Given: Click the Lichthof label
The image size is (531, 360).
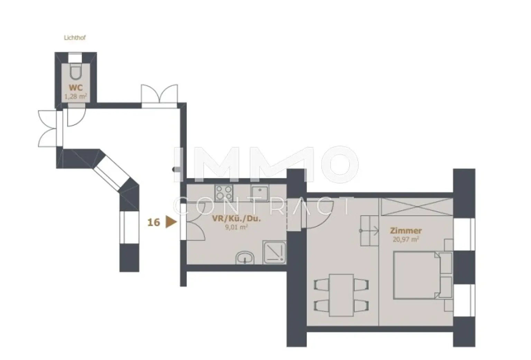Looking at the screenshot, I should [75, 38].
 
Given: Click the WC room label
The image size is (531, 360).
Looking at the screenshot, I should [75, 88].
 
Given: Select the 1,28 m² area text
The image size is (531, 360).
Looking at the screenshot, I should [76, 96].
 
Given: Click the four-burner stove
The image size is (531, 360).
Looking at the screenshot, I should [224, 193].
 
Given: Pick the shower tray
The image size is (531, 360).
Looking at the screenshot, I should [274, 252].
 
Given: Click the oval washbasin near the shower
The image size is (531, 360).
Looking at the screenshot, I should [245, 258].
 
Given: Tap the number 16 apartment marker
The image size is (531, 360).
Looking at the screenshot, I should [154, 222].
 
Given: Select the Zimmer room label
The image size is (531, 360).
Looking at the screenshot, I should [406, 230].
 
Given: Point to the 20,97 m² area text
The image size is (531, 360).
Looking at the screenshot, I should [406, 239].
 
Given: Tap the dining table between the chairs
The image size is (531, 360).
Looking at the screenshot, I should [341, 295].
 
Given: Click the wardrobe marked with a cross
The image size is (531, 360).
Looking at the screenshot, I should [416, 207].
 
